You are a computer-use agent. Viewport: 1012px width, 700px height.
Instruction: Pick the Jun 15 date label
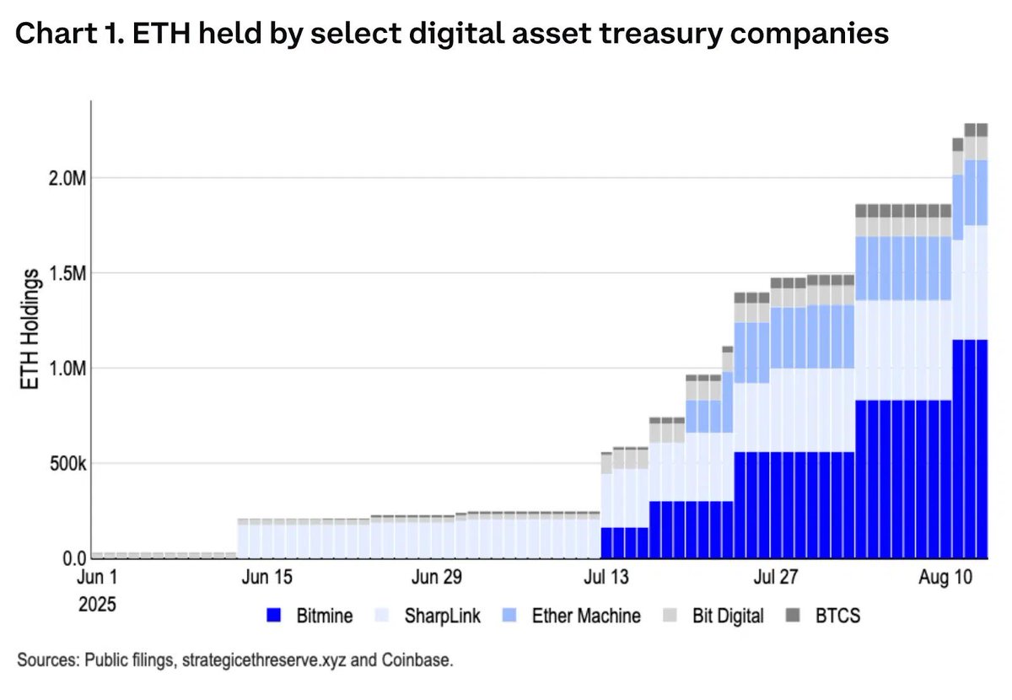266,578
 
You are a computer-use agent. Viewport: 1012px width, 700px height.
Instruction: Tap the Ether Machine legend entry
585,616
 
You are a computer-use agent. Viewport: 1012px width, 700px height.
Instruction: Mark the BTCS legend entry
837,616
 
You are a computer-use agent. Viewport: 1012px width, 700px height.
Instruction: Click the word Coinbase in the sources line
422,660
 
